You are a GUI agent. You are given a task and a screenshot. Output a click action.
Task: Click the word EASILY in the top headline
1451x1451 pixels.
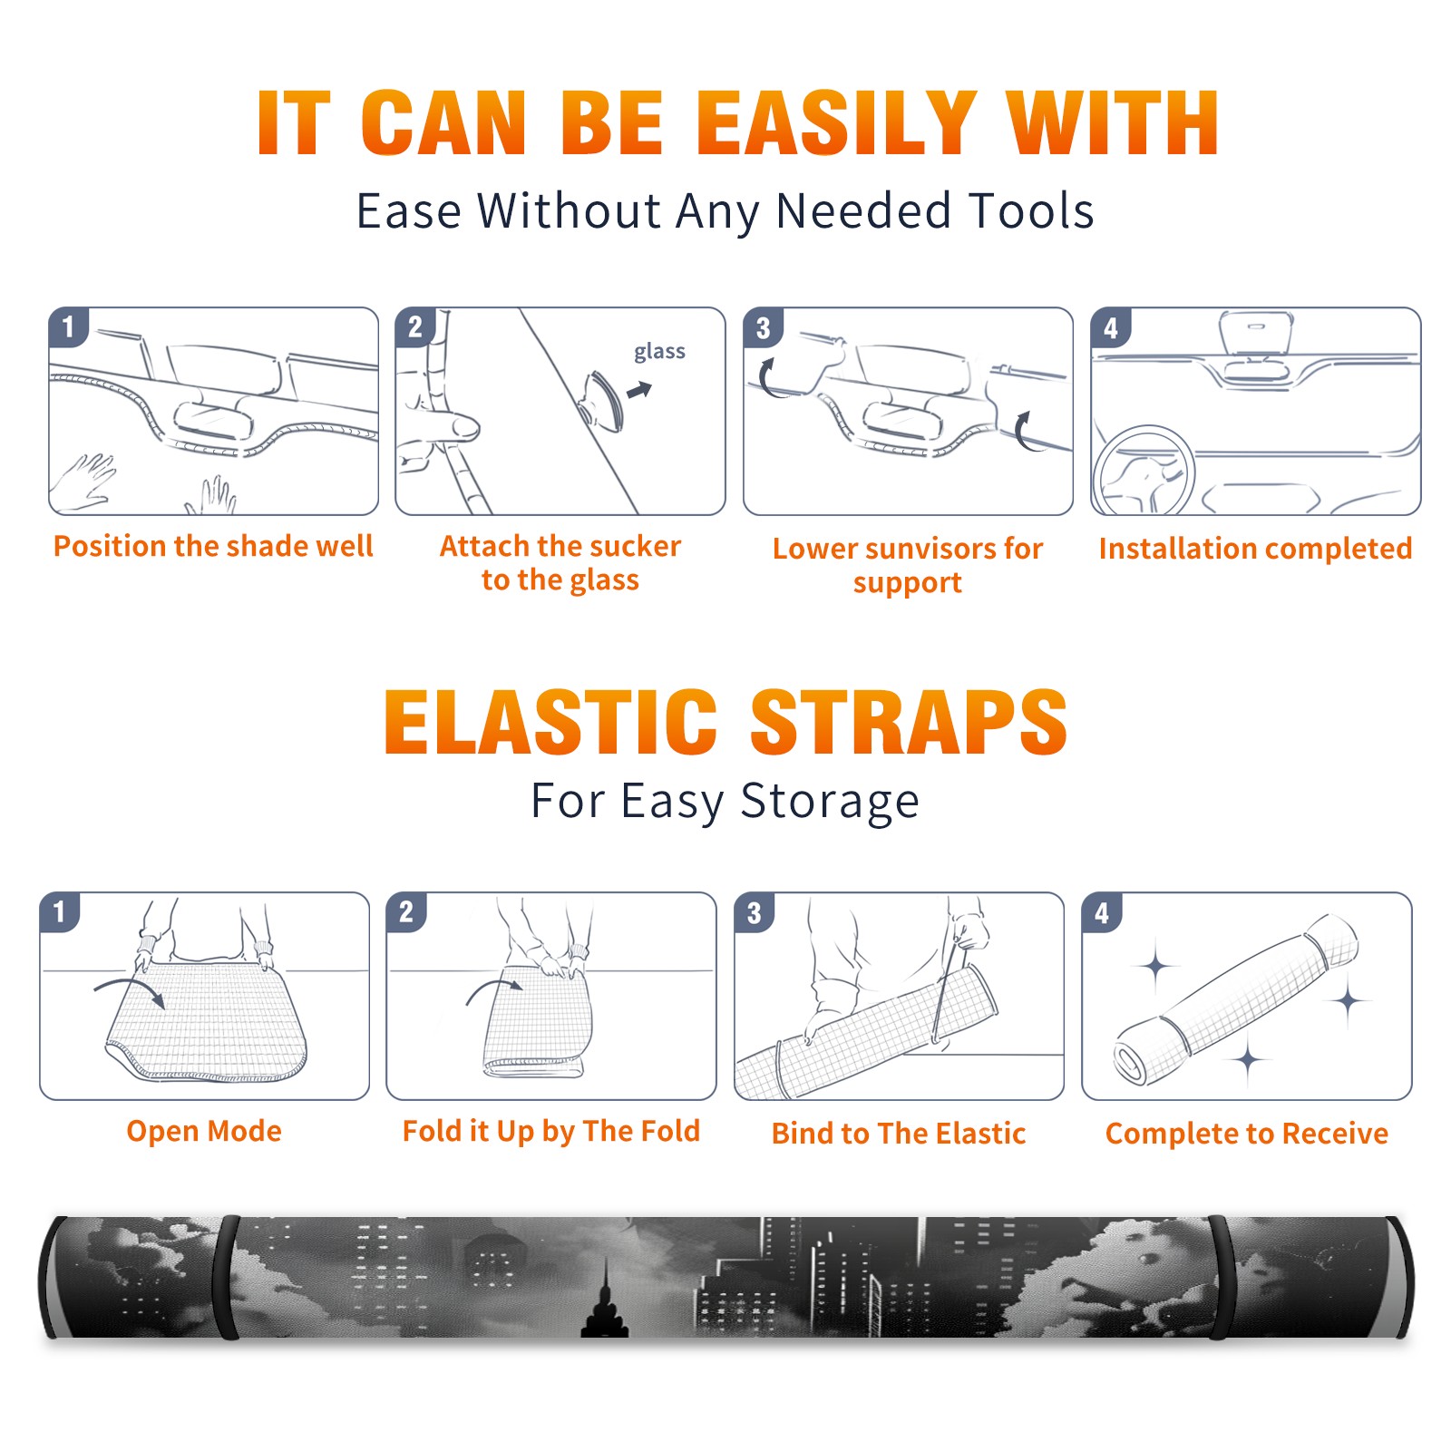(x=836, y=124)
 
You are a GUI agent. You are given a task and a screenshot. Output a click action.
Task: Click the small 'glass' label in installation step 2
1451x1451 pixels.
(x=659, y=352)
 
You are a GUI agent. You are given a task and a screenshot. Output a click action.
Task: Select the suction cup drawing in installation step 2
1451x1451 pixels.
(x=602, y=400)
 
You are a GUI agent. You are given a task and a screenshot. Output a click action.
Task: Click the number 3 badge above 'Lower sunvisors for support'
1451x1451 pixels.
(x=763, y=327)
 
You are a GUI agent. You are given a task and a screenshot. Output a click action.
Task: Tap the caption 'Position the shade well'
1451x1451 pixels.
(x=213, y=546)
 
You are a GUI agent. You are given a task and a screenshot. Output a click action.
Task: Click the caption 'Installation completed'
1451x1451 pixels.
(x=1255, y=549)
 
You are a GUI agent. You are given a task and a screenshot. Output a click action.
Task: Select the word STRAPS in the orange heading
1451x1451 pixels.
(x=909, y=722)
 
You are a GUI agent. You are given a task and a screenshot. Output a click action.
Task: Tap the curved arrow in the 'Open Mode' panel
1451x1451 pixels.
(x=130, y=990)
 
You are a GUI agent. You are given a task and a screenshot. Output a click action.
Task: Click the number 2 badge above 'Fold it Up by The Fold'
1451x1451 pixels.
(x=406, y=911)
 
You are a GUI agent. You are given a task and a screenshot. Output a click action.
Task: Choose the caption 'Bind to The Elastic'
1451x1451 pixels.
(x=899, y=1134)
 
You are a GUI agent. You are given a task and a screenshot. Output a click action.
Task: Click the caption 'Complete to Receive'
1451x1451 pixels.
(x=1247, y=1134)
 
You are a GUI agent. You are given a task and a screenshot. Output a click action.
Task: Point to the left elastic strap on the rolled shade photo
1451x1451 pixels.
(x=226, y=1277)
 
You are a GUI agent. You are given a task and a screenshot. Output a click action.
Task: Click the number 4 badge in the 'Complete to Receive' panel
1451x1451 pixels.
(x=1102, y=911)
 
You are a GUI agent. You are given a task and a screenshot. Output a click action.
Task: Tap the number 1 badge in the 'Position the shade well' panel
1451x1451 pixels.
(x=68, y=326)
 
